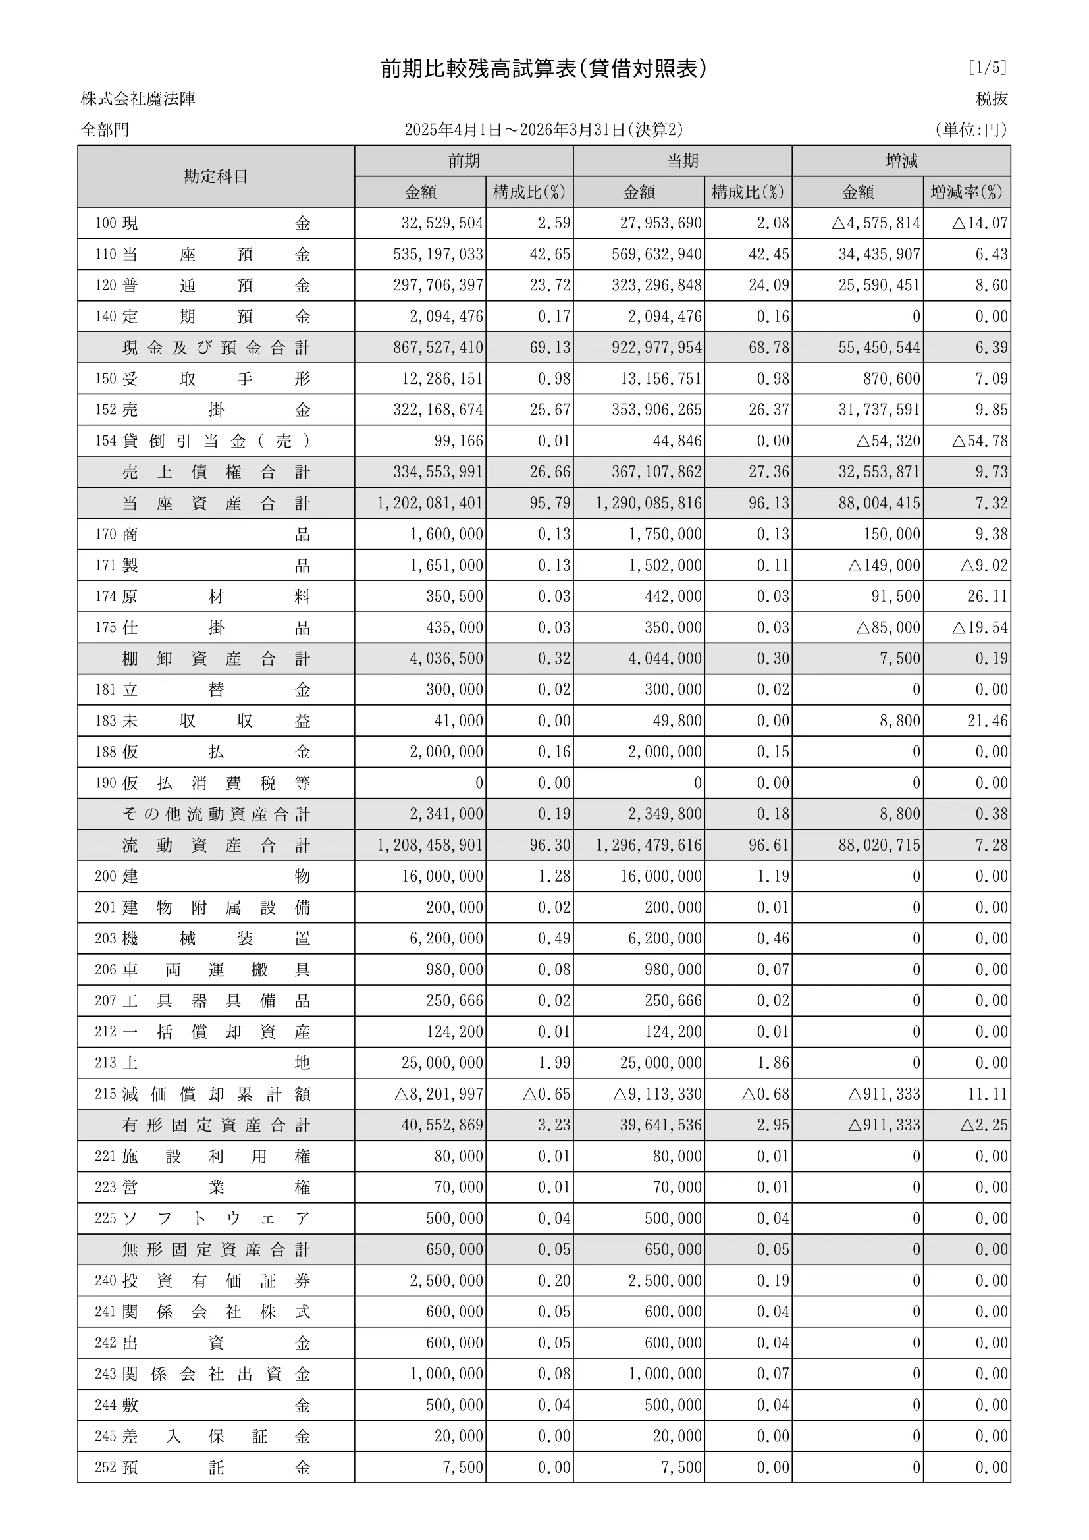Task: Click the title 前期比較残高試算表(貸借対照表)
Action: tap(544, 68)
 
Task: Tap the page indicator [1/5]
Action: tap(987, 68)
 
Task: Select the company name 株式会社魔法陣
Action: tap(138, 99)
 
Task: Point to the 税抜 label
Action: tap(992, 99)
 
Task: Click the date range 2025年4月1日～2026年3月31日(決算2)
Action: tap(544, 130)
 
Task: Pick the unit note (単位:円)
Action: tap(971, 130)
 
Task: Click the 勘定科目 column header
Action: tap(216, 176)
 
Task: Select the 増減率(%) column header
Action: tap(967, 192)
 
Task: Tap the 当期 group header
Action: tap(682, 161)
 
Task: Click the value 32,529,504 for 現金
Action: tap(442, 223)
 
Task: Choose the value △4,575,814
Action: tap(876, 223)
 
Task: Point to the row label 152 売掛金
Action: tap(203, 410)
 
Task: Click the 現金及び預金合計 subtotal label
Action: tap(216, 348)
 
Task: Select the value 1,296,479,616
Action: tap(649, 845)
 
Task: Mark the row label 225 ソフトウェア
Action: tap(203, 1219)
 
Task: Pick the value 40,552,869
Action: tap(442, 1125)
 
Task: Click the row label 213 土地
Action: tap(203, 1063)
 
